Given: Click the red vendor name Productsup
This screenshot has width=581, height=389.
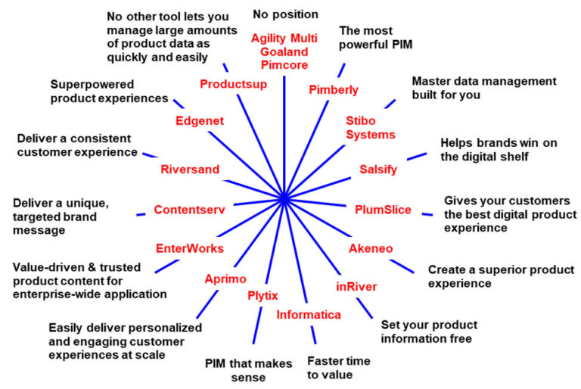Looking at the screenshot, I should pos(233,84).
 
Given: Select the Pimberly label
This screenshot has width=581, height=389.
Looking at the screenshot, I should pos(334,90).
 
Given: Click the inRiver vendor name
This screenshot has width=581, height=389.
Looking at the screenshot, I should pos(356,286).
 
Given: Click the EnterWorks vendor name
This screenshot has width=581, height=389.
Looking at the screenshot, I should pos(189,247).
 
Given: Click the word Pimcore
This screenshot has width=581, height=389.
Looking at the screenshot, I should pos(284,65).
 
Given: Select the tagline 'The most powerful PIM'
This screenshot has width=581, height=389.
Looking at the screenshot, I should pos(374,39).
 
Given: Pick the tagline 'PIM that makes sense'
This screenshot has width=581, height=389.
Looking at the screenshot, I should pos(249,370).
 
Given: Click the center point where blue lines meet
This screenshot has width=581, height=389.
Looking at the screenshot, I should pos(284,199).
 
